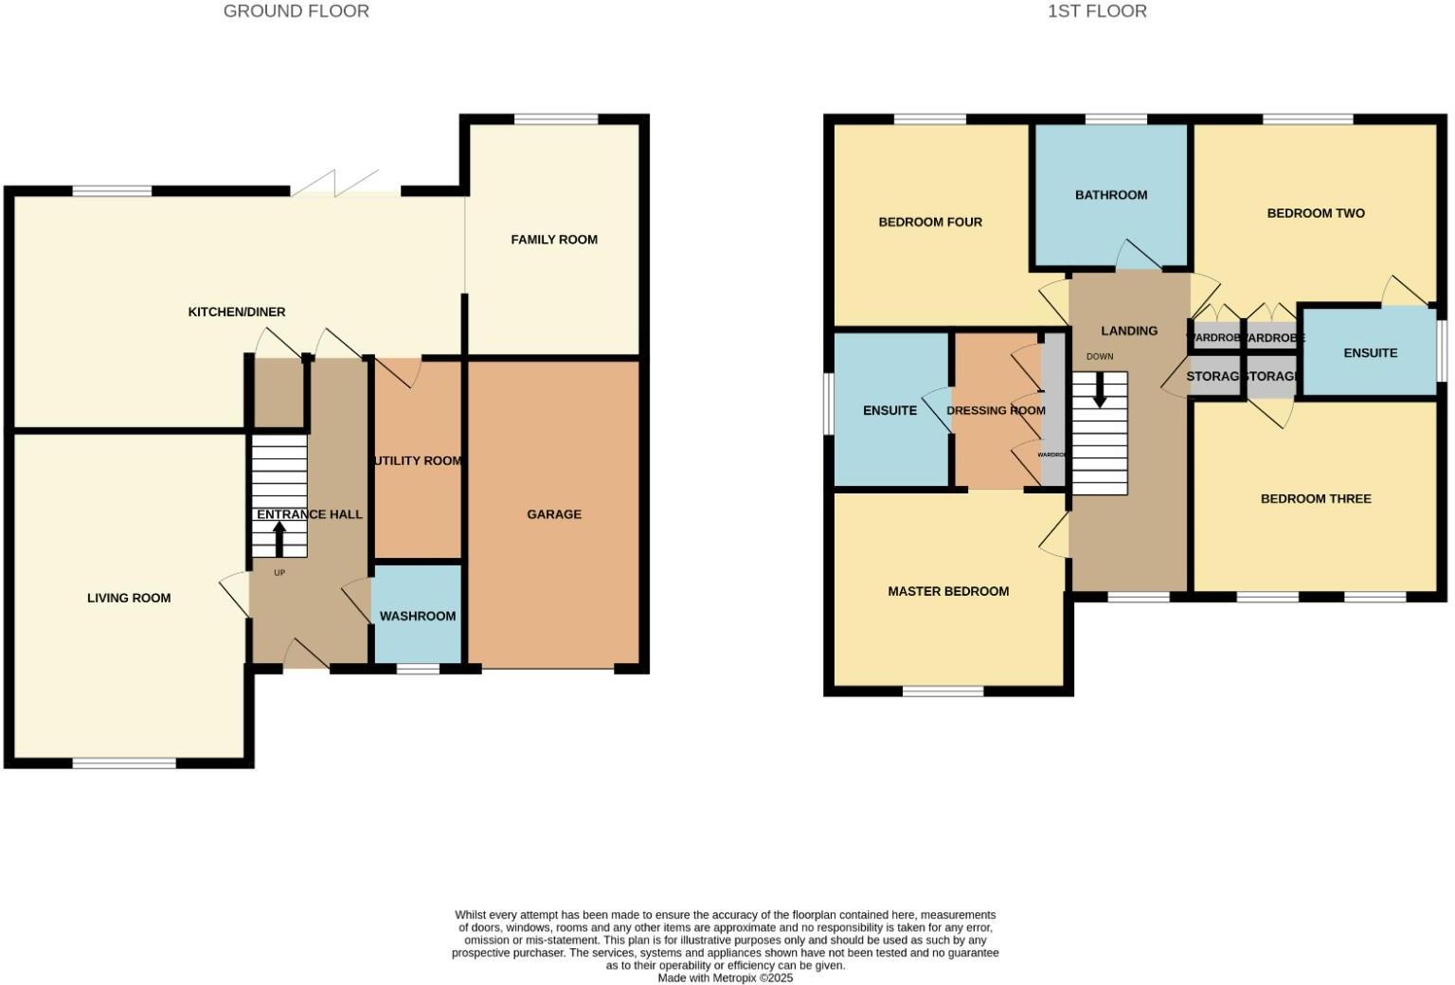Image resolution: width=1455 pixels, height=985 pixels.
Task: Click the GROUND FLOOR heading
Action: pos(296,11)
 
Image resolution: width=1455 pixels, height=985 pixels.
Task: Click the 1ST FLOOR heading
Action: pos(1096,11)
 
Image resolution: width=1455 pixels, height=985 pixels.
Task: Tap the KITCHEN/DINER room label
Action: pos(237,312)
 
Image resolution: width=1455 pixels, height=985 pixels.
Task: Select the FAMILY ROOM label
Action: pos(554,240)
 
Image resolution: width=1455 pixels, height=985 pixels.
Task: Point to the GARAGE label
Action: pos(554,514)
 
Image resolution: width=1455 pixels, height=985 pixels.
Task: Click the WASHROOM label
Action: pos(418,616)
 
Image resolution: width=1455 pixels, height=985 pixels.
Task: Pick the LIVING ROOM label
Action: pos(129,598)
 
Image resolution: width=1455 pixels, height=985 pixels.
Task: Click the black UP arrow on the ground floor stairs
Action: pos(278,538)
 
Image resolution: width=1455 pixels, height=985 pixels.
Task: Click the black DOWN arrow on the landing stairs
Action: pos(1100,390)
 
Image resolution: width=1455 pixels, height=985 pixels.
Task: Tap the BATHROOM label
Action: pos(1111,195)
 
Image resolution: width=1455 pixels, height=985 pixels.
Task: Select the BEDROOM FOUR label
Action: pos(930,223)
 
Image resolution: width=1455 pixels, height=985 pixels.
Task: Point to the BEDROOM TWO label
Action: pos(1316,213)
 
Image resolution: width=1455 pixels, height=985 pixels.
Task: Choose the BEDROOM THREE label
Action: pos(1316,499)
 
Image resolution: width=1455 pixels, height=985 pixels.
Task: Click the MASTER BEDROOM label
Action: pos(948,591)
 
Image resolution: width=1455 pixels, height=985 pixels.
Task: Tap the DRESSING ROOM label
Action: pos(996,410)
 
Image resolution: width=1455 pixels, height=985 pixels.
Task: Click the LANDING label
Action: pos(1129,331)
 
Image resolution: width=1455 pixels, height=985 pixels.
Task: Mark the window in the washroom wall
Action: pos(418,669)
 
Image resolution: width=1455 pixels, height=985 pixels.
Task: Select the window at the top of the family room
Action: pos(556,119)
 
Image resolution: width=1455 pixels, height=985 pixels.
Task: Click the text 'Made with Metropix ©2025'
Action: pos(726,977)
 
